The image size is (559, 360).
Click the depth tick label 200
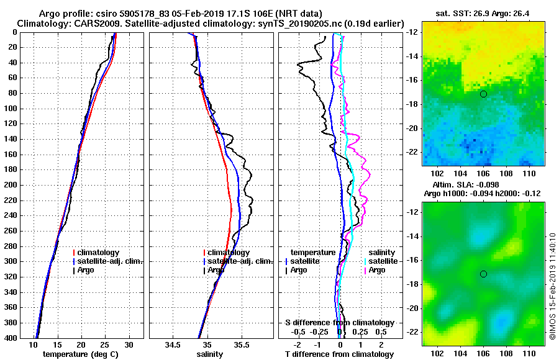(x=12, y=185)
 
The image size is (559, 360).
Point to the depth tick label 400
(x=12, y=338)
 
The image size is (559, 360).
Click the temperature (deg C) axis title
(x=81, y=354)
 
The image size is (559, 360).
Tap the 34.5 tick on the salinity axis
(x=173, y=344)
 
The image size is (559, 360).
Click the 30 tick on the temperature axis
(x=129, y=344)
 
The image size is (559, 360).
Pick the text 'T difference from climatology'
(x=339, y=354)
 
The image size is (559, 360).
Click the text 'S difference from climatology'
(x=339, y=323)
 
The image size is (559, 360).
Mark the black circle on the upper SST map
(x=483, y=94)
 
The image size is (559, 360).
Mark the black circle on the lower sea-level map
(x=483, y=274)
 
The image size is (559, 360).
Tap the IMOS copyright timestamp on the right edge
(x=552, y=286)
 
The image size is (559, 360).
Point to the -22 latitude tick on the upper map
(x=413, y=152)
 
